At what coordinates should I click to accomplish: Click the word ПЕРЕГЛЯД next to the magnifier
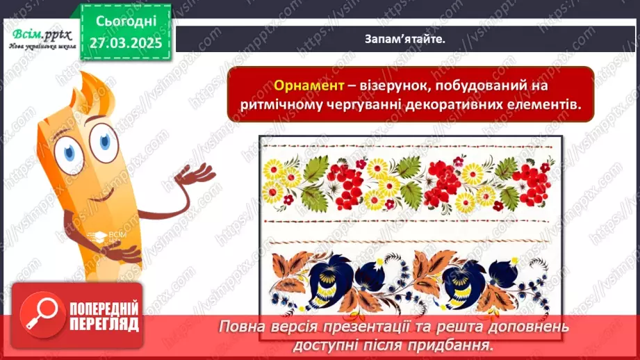(104, 324)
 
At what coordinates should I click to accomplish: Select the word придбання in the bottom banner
(459, 343)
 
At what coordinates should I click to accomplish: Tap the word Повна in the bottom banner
(240, 327)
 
